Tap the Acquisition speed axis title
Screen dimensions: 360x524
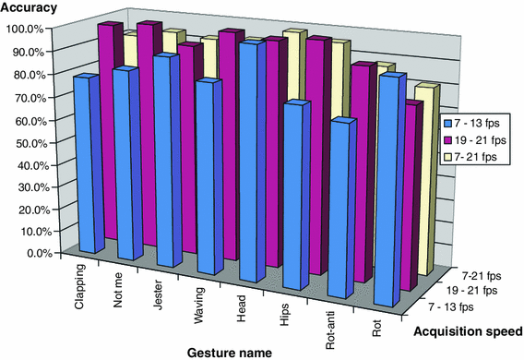point(470,330)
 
